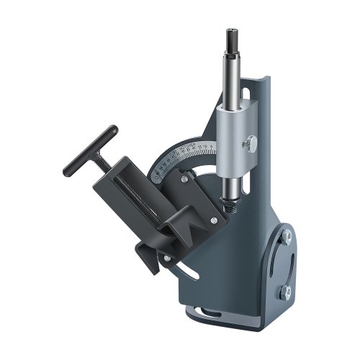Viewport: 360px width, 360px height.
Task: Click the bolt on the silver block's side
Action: [251, 145]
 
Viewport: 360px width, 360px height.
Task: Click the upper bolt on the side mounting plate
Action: [287, 235]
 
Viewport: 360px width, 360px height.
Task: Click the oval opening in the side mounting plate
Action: [284, 264]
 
